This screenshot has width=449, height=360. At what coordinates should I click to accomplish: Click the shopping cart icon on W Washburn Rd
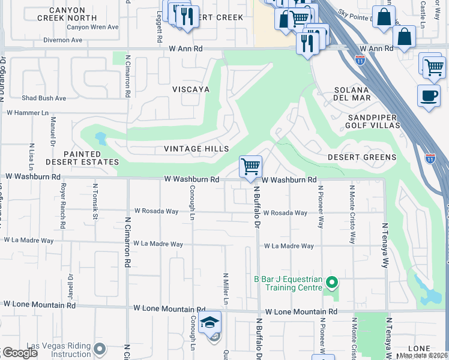[250, 166]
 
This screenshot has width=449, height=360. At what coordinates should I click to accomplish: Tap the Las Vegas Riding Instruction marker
[100, 348]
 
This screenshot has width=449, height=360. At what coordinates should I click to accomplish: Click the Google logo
[20, 353]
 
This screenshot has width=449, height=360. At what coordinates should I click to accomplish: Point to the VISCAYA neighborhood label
[191, 89]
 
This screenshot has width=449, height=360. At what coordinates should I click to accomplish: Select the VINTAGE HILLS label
[197, 149]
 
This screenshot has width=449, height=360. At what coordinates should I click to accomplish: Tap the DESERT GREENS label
[362, 157]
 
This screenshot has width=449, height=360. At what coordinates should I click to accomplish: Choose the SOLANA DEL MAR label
[352, 94]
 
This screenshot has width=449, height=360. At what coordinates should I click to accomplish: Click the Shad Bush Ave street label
[44, 98]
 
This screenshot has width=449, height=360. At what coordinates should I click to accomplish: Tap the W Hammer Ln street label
[27, 112]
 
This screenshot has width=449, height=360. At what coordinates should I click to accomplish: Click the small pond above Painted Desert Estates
[100, 139]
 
